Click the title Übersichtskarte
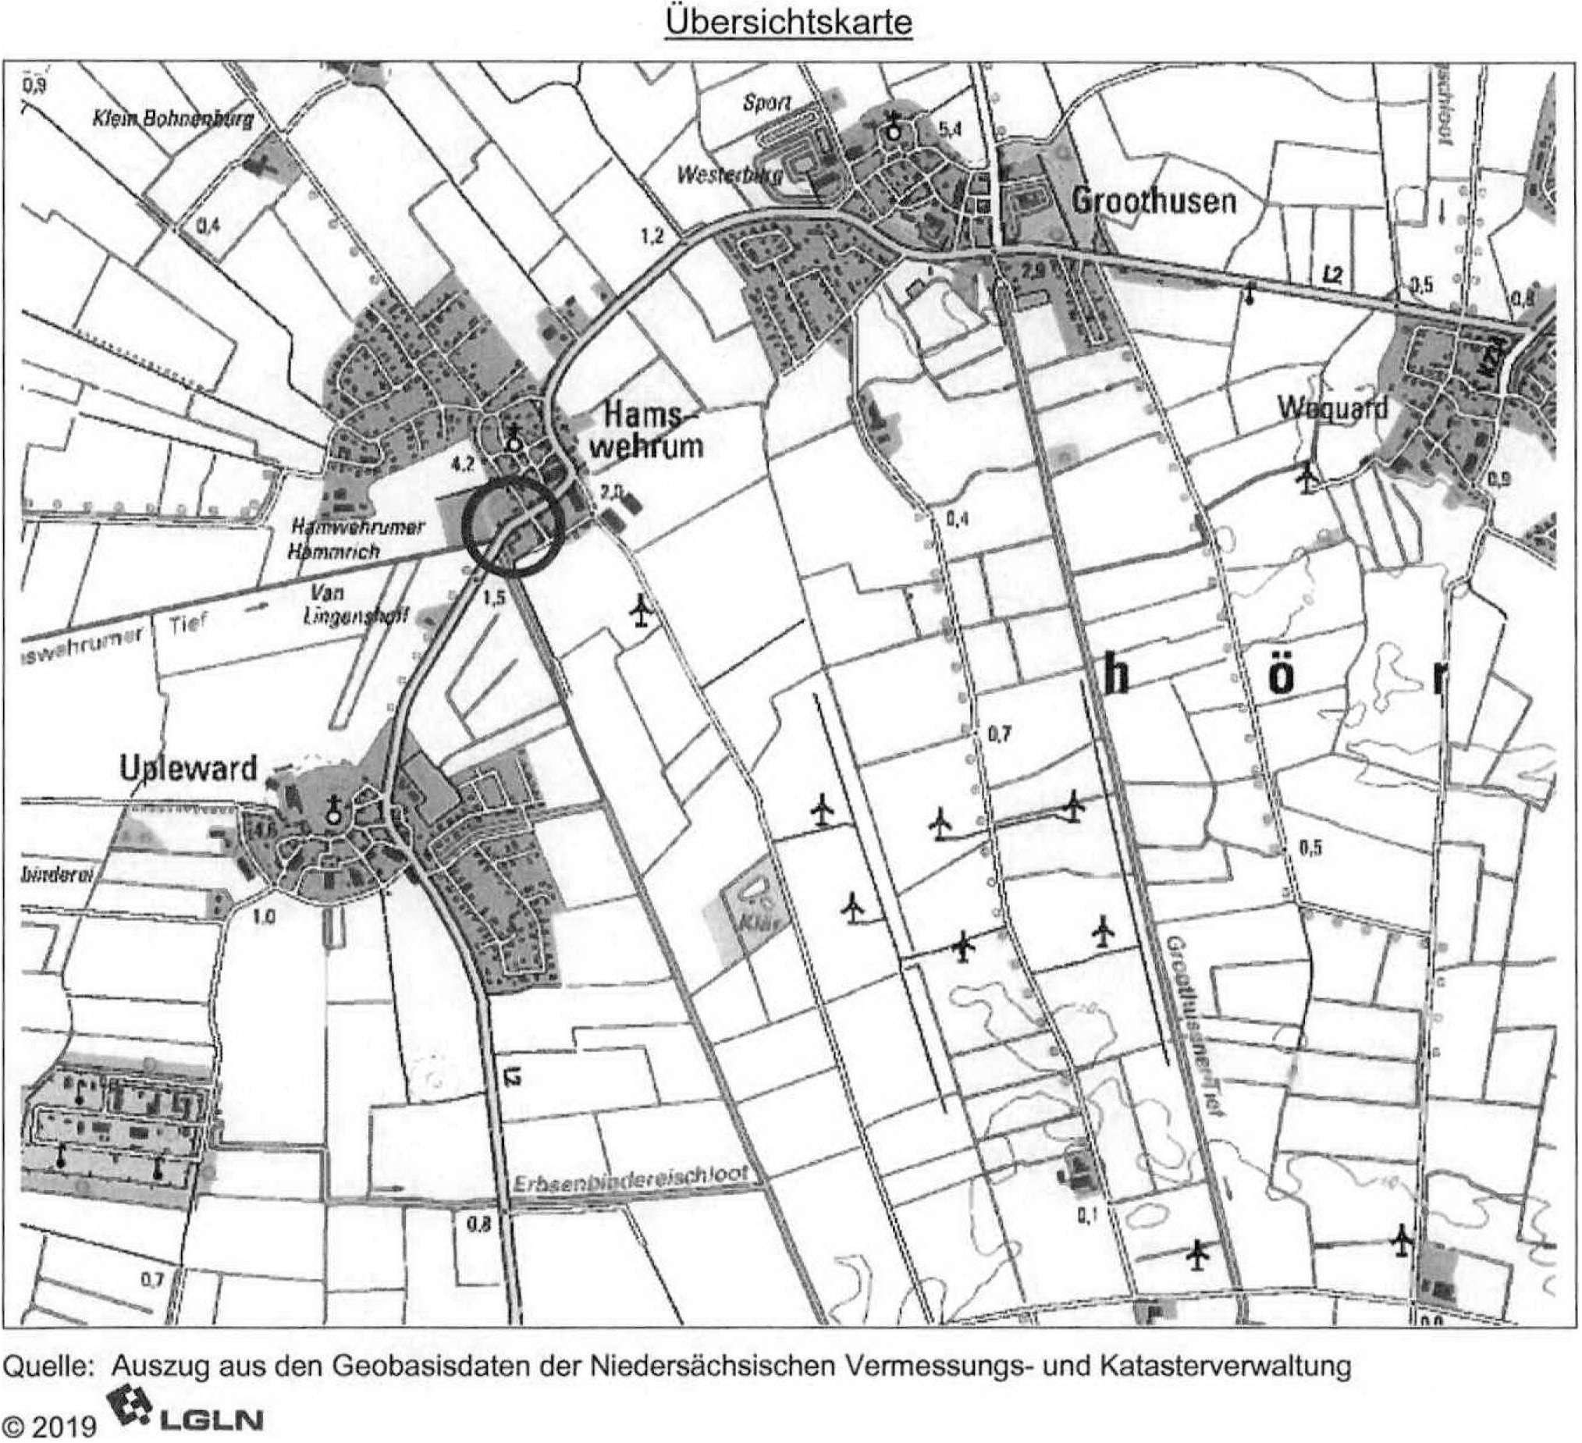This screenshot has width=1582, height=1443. click(x=787, y=22)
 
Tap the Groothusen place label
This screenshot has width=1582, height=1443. click(x=1154, y=201)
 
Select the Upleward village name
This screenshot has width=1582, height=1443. click(x=188, y=767)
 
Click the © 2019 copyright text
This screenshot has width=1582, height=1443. click(x=48, y=1423)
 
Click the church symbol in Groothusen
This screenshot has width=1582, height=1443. click(x=892, y=126)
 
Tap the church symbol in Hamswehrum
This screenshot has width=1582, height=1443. click(x=514, y=437)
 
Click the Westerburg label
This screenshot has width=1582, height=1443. click(x=729, y=176)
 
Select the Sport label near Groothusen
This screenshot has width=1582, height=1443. click(x=766, y=104)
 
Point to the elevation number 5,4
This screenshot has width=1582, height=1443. click(x=950, y=130)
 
